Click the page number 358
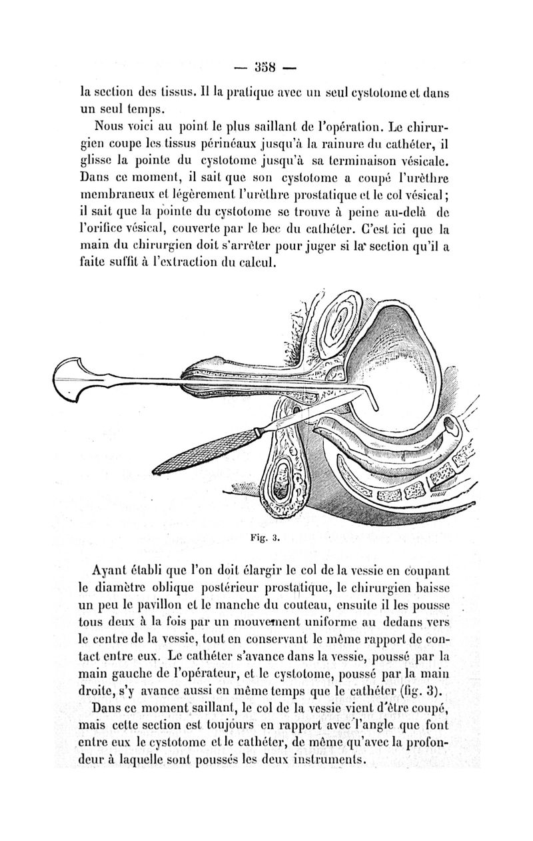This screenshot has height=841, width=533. coord(267,67)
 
